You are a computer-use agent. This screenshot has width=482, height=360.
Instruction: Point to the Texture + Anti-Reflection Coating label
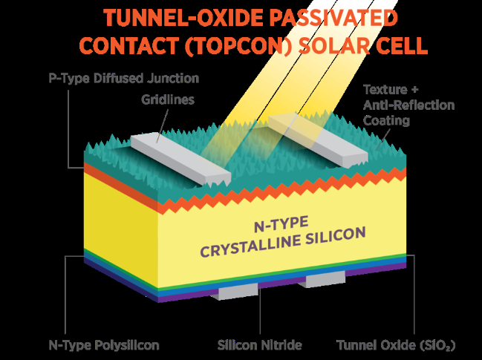(408, 105)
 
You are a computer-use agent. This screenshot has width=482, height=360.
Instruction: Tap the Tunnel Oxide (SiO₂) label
(395, 345)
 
